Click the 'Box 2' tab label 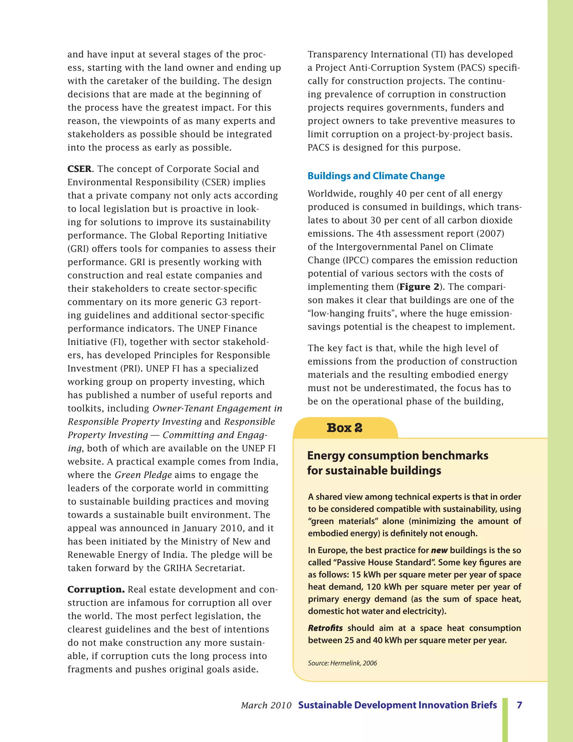point(344,428)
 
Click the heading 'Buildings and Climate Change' point(376,176)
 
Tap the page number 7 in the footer point(519,705)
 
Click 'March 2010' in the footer point(266,706)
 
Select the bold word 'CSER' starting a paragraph point(79,169)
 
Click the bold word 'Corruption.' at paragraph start point(96,589)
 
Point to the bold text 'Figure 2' point(419,287)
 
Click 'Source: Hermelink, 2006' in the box point(342,663)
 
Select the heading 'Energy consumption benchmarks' point(398,456)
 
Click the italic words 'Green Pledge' point(143,475)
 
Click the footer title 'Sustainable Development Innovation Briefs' point(397,705)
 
